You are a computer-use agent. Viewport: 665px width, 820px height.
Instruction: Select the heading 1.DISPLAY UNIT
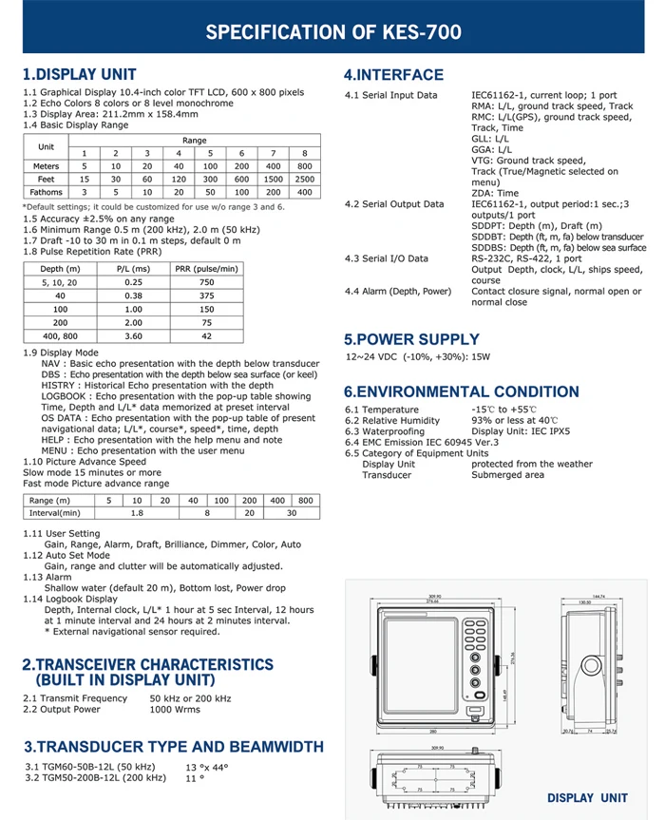[x=80, y=74]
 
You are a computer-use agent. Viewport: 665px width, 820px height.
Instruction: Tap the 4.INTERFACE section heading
[x=393, y=75]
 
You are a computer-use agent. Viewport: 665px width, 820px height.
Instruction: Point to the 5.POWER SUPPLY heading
[x=411, y=339]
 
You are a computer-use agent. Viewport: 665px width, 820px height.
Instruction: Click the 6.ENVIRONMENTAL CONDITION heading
[x=461, y=391]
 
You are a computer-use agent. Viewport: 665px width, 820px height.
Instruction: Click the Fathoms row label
[x=46, y=192]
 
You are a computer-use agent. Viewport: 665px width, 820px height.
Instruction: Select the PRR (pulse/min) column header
[x=206, y=269]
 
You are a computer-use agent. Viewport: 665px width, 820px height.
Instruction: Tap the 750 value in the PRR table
[x=206, y=282]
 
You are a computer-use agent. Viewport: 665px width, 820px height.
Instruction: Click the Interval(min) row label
[x=56, y=513]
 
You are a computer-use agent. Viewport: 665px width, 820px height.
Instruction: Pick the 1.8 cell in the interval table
[x=137, y=513]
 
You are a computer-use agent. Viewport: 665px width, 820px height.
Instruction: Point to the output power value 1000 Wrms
[x=176, y=709]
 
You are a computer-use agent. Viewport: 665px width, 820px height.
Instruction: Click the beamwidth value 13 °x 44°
[x=208, y=767]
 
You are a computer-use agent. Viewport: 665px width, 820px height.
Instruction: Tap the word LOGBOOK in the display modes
[x=64, y=396]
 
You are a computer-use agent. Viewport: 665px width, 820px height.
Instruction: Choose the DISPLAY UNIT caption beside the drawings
[x=587, y=798]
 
